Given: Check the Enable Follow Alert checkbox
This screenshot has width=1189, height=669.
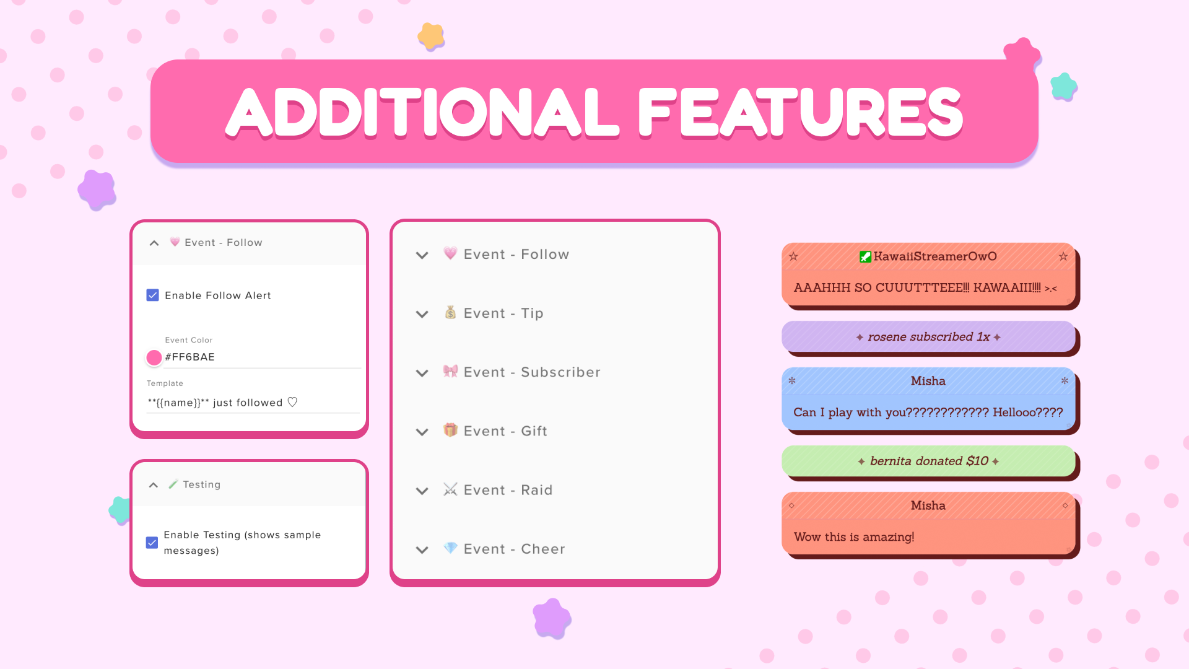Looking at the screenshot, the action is coord(152,295).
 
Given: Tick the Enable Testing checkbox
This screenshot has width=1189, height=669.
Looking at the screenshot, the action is coord(152,543).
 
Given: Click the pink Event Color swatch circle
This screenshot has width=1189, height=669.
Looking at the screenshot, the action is coord(154,357).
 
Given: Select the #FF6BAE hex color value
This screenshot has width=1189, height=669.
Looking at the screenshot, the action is coord(189,357).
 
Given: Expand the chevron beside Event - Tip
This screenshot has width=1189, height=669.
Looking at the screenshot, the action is coord(422,314).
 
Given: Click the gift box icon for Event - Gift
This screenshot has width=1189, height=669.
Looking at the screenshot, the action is coord(450,430).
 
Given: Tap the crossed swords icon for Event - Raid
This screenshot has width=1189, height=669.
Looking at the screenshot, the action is coord(450,489).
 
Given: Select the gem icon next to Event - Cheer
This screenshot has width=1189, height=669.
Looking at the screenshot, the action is coord(450,548).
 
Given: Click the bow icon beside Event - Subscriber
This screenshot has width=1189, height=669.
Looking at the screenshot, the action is coord(450,371).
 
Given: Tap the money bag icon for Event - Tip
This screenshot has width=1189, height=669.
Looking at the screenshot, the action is coord(450,312).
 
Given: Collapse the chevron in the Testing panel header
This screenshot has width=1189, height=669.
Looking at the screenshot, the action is coord(153,485).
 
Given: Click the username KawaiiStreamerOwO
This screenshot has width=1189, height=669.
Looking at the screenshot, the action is coord(935,256).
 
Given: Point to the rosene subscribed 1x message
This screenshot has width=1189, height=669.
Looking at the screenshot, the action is coord(928,337).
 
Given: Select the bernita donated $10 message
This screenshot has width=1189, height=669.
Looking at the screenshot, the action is coord(928,461).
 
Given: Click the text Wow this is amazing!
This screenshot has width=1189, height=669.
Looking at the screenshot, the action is coord(854,537).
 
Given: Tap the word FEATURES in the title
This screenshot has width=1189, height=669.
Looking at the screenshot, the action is coord(800,112).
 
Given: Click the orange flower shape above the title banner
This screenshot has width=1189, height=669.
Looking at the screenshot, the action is coord(431,36).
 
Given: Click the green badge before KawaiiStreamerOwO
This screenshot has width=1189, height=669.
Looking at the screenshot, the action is coord(865,257).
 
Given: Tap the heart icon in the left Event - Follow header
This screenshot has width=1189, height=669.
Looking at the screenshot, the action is coord(175,242).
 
